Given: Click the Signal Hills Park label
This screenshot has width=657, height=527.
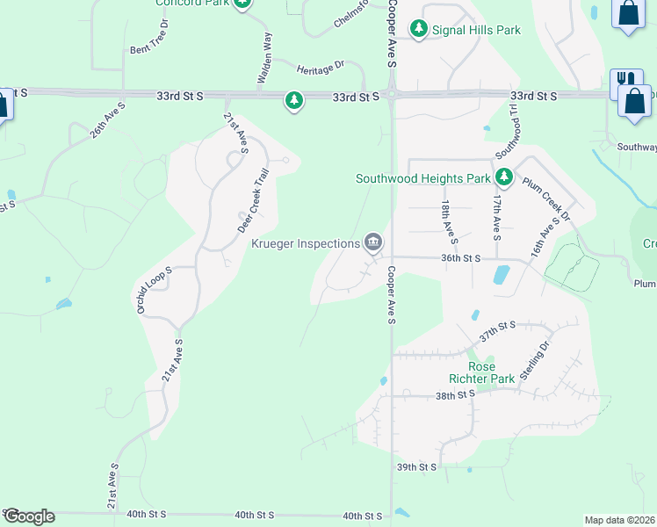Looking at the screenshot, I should (477, 30).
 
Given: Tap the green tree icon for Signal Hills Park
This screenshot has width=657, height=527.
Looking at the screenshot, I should (420, 30).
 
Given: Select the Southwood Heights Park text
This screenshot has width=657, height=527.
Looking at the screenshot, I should (422, 178).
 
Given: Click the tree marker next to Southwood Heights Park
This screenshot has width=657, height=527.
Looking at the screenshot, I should (503, 178).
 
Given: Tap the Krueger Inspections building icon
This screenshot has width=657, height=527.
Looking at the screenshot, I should (373, 242).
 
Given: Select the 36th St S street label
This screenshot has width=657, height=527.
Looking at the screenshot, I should (461, 258).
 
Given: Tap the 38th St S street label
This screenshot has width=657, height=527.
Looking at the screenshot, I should (456, 395).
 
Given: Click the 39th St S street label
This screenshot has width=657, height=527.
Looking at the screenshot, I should (416, 467).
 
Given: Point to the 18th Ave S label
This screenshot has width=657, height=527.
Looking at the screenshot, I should (448, 220).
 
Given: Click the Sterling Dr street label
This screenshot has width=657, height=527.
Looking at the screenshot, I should (533, 358).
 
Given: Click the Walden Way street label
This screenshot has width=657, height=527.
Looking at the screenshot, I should (264, 58).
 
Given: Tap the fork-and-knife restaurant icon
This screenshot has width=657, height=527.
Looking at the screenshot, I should (625, 79).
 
